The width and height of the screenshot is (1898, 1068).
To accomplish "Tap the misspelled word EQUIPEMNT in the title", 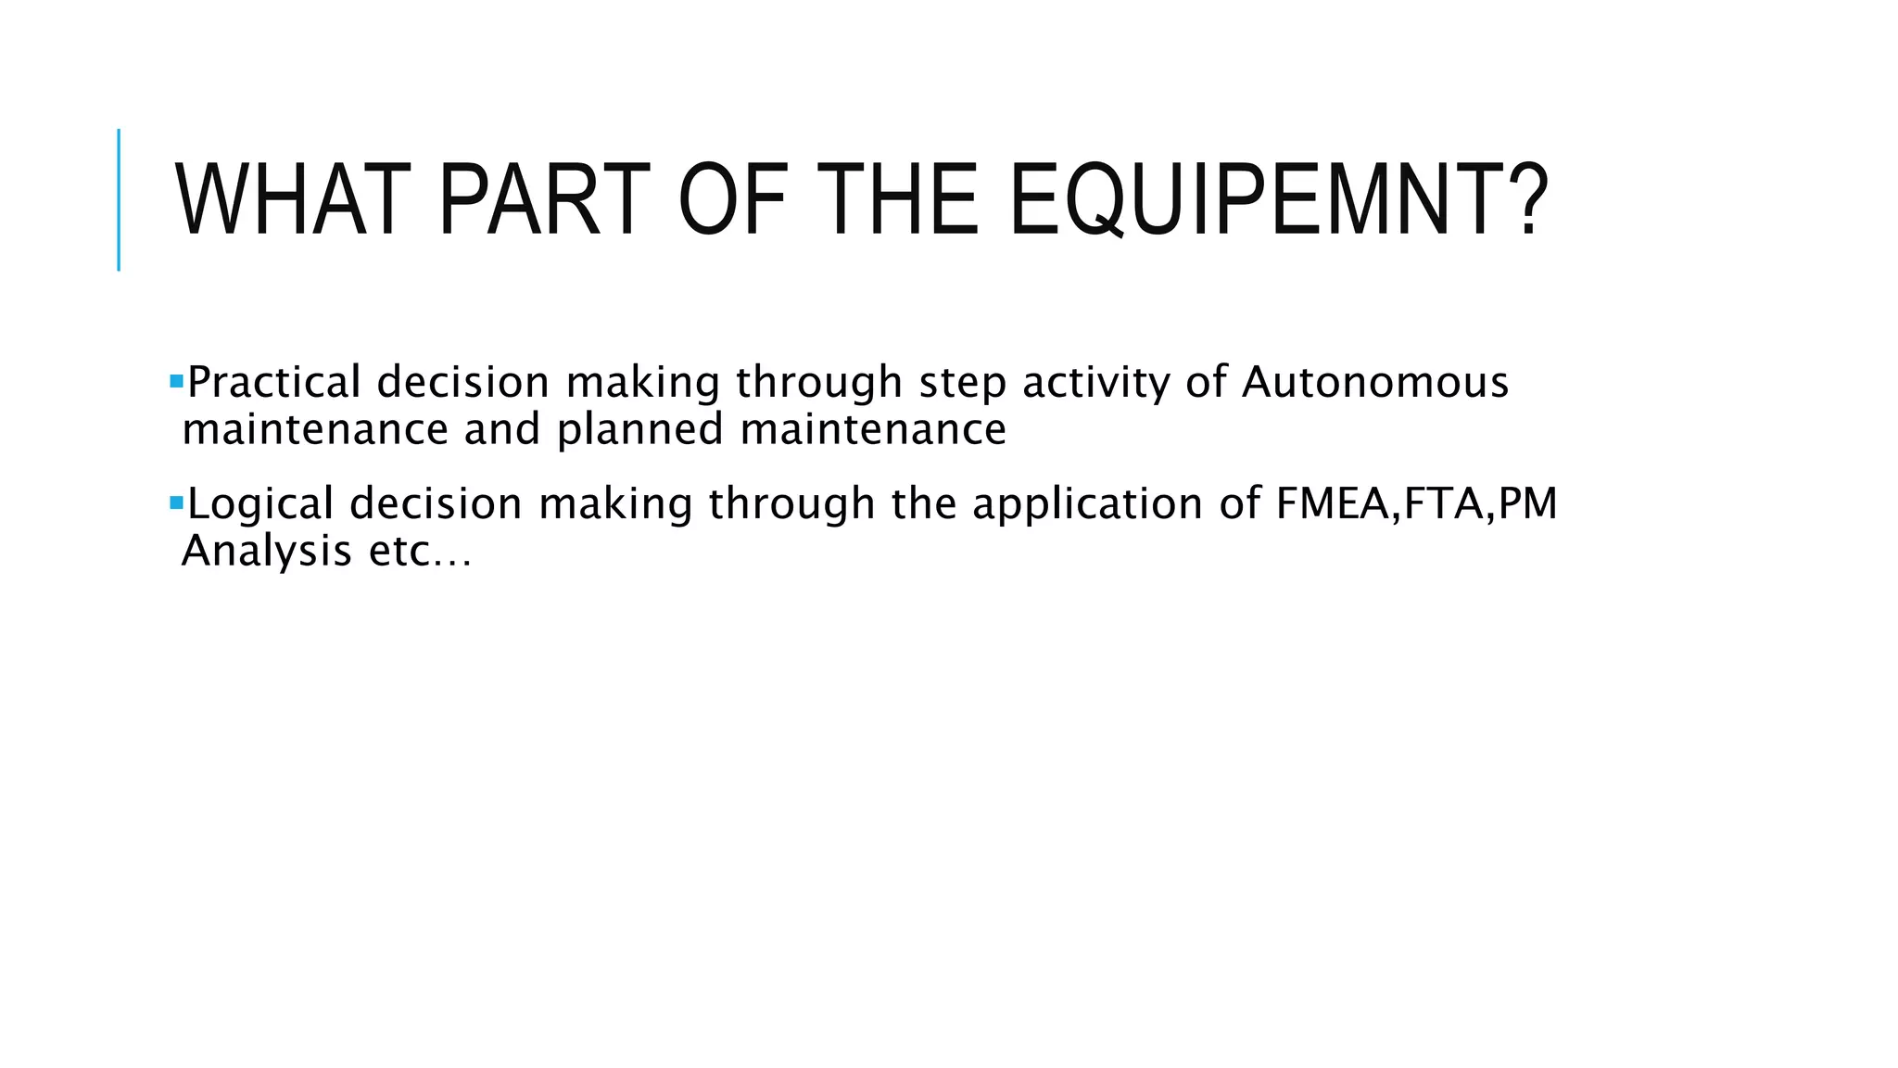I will pyautogui.click(x=1263, y=200).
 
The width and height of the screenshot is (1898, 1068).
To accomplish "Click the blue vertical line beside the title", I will pyautogui.click(x=119, y=199).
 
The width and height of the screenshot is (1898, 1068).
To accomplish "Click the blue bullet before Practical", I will pyautogui.click(x=176, y=380).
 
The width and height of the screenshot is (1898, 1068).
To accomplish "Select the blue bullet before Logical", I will pyautogui.click(x=176, y=502).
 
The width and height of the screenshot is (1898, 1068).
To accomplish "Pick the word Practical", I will pyautogui.click(x=274, y=382).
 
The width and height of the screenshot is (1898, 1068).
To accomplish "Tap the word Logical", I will pyautogui.click(x=260, y=503).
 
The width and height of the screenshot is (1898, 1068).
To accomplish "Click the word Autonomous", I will pyautogui.click(x=1374, y=382).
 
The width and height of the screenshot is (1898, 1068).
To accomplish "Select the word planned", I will pyautogui.click(x=639, y=430).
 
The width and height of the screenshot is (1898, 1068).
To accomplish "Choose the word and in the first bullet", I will pyautogui.click(x=501, y=429).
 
